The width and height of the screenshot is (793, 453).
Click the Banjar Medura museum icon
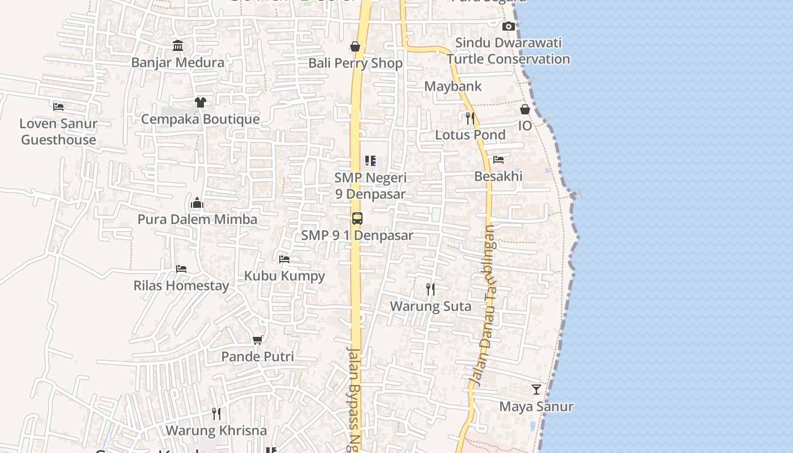pos(178,45)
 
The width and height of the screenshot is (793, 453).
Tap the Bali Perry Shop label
pos(355,63)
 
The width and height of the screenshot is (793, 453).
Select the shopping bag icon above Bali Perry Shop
pos(355,46)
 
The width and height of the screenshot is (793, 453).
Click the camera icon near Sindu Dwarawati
pos(509,26)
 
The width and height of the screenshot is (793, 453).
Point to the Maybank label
pos(453,86)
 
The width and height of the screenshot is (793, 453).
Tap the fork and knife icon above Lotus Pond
pos(470,118)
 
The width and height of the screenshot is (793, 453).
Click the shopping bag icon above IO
pos(525,109)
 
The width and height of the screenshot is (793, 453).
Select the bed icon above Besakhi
pos(498,160)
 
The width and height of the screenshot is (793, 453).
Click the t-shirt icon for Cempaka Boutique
pos(200,102)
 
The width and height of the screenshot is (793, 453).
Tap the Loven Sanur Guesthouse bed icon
pos(58,106)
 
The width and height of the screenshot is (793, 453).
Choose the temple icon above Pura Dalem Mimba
pos(197,203)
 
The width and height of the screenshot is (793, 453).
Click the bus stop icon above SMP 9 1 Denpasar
pos(357,219)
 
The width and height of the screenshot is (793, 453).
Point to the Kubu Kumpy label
pos(284,276)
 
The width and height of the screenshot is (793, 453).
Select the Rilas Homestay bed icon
pos(181,268)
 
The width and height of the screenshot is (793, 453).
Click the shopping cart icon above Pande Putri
pos(258,340)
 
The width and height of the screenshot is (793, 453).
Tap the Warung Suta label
pos(430,306)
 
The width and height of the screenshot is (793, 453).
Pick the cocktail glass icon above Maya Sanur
pos(536,390)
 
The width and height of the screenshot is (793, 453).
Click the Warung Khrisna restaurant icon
pos(216,413)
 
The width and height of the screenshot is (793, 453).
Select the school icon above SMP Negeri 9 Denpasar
pos(370,161)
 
